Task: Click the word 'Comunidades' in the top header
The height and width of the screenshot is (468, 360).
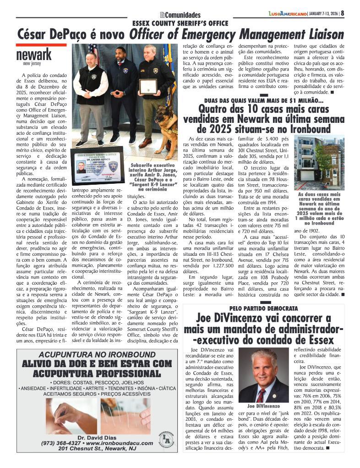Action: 183,15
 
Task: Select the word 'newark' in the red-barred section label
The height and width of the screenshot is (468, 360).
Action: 34,55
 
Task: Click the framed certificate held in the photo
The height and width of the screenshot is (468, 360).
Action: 148,86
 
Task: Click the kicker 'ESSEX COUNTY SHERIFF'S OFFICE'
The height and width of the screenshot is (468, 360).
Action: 180,23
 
